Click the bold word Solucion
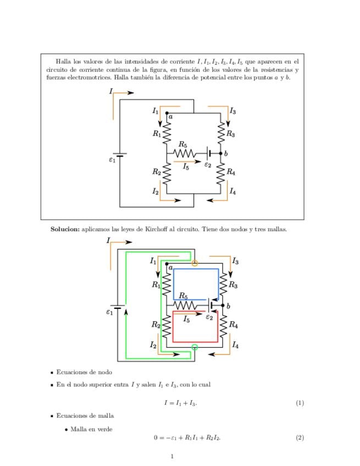65,229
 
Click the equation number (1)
300,403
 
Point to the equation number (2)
300,437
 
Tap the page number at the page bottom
172,456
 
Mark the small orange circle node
195,264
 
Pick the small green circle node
195,347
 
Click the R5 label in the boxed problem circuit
183,145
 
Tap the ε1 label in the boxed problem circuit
112,160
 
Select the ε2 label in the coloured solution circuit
209,317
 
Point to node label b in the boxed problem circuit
225,153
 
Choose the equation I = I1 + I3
180,403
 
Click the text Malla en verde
91,429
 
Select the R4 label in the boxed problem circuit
231,173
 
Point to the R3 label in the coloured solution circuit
233,285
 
